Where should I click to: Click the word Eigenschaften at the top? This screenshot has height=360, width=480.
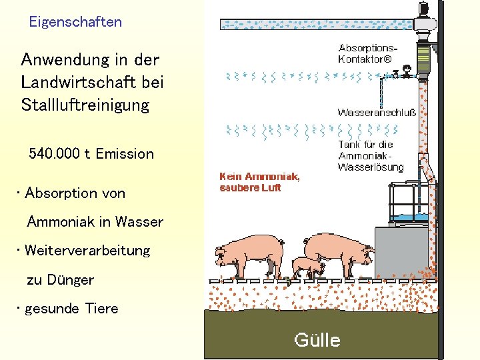coord(75,22)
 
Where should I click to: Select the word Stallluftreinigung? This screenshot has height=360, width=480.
coord(85,105)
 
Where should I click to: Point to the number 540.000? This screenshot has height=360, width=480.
coord(56,154)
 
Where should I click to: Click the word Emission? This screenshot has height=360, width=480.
coord(125,154)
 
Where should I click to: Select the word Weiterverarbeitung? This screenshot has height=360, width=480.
coord(87,251)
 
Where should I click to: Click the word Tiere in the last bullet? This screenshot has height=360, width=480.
coord(102,309)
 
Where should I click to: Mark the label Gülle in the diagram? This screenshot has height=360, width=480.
coord(317,341)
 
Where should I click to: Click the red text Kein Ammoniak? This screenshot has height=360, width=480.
coord(259,177)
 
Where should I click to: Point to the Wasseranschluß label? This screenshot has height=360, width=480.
coord(377,113)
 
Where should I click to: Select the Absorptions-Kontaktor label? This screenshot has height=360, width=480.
coord(367,53)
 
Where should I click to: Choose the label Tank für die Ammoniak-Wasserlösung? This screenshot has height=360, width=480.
coord(371,155)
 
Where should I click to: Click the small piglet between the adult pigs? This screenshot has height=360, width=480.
coord(308,267)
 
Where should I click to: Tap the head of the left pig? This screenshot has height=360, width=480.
coord(225,254)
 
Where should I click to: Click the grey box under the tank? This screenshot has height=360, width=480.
coord(401,253)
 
